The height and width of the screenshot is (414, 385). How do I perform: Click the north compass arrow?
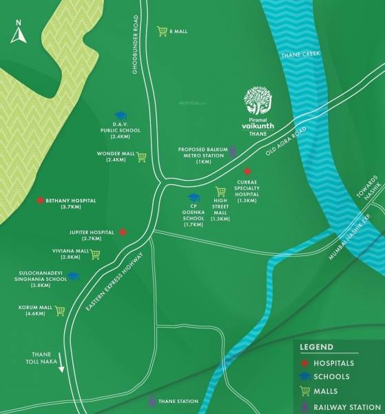tap(19, 34)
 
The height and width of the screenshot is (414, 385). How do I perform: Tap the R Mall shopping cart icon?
tap(162, 30)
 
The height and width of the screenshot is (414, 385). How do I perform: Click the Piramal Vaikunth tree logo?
tap(260, 101)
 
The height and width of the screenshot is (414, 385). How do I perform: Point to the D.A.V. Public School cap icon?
tap(121, 117)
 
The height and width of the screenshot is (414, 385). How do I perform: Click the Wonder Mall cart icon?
tap(141, 156)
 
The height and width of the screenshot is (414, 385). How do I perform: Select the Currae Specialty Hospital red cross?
tap(247, 170)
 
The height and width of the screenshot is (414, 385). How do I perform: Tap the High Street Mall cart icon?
tap(220, 191)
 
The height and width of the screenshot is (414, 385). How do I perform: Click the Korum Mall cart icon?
tap(59, 310)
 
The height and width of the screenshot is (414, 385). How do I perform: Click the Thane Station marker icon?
tap(152, 401)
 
